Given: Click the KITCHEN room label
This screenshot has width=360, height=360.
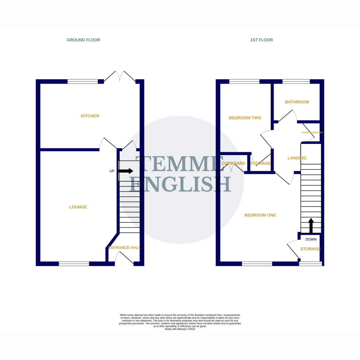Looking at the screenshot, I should tap(90, 116).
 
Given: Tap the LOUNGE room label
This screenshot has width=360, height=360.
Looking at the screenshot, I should tap(78, 207).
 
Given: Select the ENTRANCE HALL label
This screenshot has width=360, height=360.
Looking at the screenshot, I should tap(124, 247).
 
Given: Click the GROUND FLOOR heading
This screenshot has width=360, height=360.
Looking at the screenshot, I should tap(83, 40).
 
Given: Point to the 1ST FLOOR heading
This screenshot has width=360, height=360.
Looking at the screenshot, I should tap(261, 40).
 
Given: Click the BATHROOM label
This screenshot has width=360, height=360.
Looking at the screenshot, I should tap(297, 102).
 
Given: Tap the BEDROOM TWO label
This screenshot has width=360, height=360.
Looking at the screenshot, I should tap(245, 118).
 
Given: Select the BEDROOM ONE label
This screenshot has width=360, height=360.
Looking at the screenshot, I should tap(260, 215).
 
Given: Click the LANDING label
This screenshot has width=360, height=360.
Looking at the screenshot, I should tap(297, 158).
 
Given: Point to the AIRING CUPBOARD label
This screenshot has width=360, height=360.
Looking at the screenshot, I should tap(312, 133).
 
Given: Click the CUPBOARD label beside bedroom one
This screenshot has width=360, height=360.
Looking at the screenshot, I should tap(233, 163).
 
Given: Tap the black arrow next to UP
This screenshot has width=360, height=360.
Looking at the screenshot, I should tap(125, 171).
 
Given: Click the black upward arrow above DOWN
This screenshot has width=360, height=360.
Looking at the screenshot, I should tap(311, 225).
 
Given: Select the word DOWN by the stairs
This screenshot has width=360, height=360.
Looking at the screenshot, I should tap(311, 239).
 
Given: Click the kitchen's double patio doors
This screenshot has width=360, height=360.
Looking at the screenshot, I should tap(120, 77).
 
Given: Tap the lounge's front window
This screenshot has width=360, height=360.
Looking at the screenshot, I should tap(74, 264).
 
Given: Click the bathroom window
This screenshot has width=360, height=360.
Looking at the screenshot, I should tap(296, 81).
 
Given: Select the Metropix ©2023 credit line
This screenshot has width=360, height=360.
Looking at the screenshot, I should tap(180, 329).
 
